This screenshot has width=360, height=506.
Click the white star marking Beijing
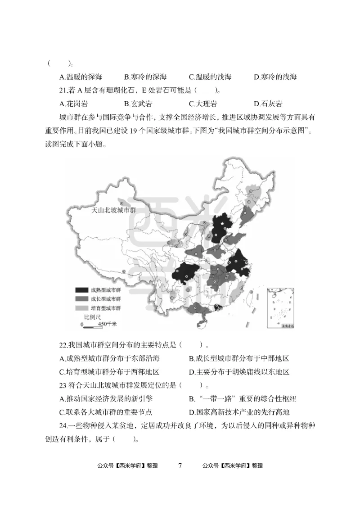coord(222,223)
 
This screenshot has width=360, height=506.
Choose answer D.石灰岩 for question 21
coord(268,104)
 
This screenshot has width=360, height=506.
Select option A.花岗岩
coord(73,104)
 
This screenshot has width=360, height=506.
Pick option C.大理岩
coord(203,104)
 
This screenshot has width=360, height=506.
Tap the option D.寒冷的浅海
coord(275,77)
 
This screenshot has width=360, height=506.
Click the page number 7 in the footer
coord(180,465)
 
